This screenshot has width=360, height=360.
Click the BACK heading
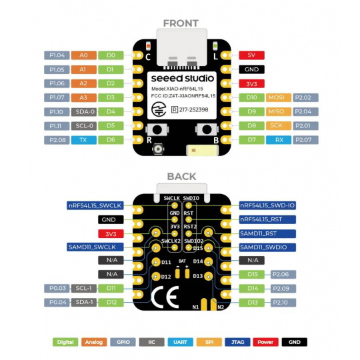[180, 176]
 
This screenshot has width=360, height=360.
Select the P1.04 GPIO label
[57, 55]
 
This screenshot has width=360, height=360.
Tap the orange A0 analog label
[83, 55]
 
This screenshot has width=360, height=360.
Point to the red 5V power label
[251, 55]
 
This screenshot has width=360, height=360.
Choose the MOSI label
[277, 97]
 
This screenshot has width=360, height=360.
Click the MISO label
[277, 111]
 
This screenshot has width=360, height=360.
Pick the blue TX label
[83, 140]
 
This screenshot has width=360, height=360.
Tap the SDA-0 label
[83, 111]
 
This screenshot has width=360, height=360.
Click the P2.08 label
[57, 140]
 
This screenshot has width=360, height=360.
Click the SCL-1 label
[83, 288]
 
